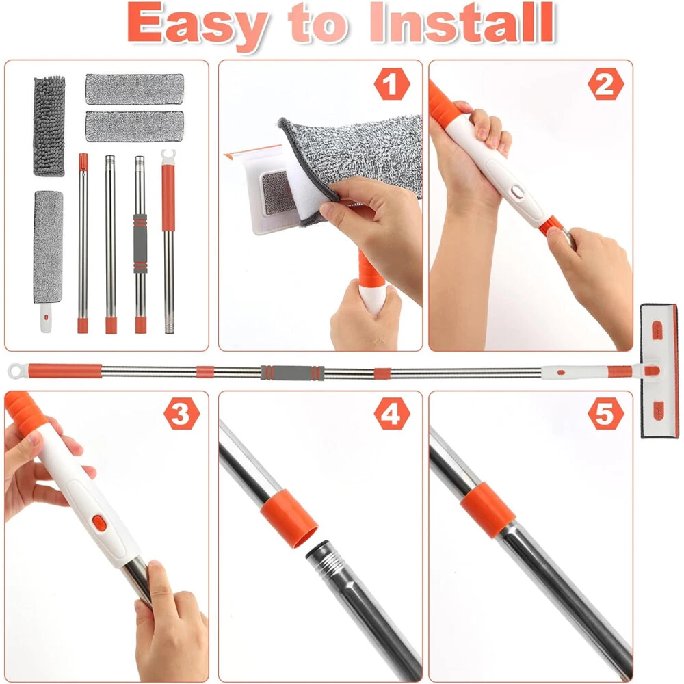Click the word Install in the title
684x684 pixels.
(x=462, y=23)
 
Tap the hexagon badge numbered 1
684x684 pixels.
(x=392, y=83)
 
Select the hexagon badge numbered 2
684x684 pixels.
(x=605, y=83)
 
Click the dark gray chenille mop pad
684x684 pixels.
(x=49, y=126)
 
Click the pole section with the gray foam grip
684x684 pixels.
(x=140, y=245)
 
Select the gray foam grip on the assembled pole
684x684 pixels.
(x=293, y=373)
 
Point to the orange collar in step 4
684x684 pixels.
(x=289, y=518)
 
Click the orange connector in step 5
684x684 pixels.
(x=487, y=510)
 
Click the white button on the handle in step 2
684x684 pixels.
(x=518, y=191)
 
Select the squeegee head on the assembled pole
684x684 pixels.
(x=659, y=371)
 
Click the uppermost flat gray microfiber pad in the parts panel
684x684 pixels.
(x=134, y=89)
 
